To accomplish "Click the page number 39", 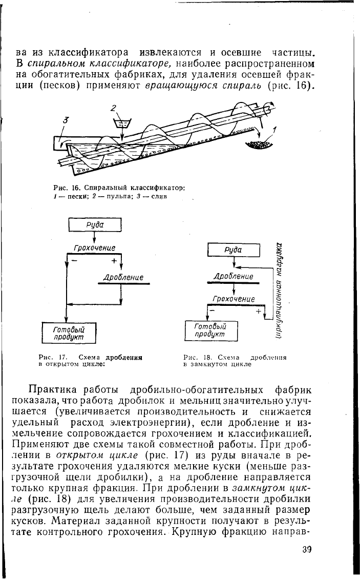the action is click(x=306, y=549).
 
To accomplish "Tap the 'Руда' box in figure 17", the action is click(x=95, y=225).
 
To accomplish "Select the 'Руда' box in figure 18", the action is click(x=234, y=250).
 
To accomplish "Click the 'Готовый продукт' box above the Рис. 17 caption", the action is click(x=69, y=333).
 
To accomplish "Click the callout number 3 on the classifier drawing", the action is click(x=66, y=120).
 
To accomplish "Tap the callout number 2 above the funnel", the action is click(x=114, y=109).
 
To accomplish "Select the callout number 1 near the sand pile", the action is click(x=274, y=130).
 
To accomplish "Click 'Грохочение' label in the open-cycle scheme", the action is click(x=94, y=248).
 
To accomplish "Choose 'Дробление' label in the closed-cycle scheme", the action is click(x=234, y=277).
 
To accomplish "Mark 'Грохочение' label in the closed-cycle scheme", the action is click(x=234, y=299).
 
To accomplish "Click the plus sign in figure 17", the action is click(x=114, y=261).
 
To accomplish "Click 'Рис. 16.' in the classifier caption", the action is click(x=65, y=188).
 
